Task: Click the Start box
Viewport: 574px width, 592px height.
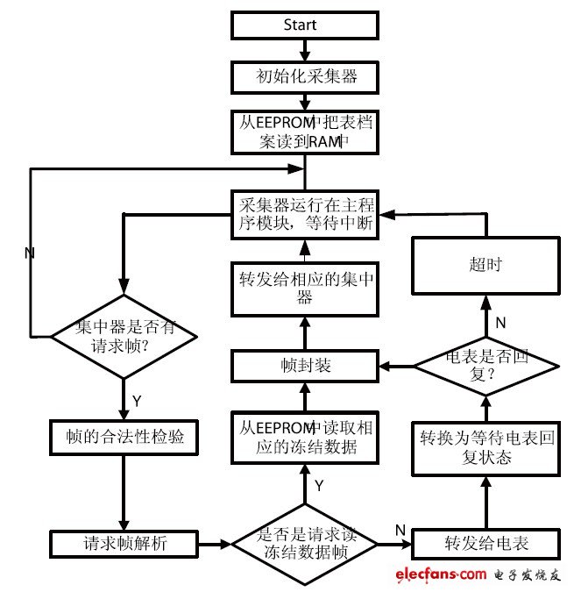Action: pos(304,25)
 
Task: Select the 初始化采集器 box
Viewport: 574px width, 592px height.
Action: pos(305,77)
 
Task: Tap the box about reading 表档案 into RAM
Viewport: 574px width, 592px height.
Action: pos(305,132)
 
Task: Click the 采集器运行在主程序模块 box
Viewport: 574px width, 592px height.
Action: pos(305,213)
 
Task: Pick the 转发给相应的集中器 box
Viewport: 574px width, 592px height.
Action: pos(305,289)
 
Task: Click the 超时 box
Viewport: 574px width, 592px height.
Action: pos(485,264)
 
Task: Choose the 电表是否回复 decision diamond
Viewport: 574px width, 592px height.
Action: pos(485,367)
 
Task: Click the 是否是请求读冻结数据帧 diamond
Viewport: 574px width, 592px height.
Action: pos(305,544)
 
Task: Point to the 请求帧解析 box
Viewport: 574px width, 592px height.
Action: pos(123,544)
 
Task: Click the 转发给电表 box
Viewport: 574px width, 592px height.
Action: pos(485,544)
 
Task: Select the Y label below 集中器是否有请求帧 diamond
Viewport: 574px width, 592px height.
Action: pos(137,400)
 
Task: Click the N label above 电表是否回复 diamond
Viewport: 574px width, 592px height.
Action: pos(501,322)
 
